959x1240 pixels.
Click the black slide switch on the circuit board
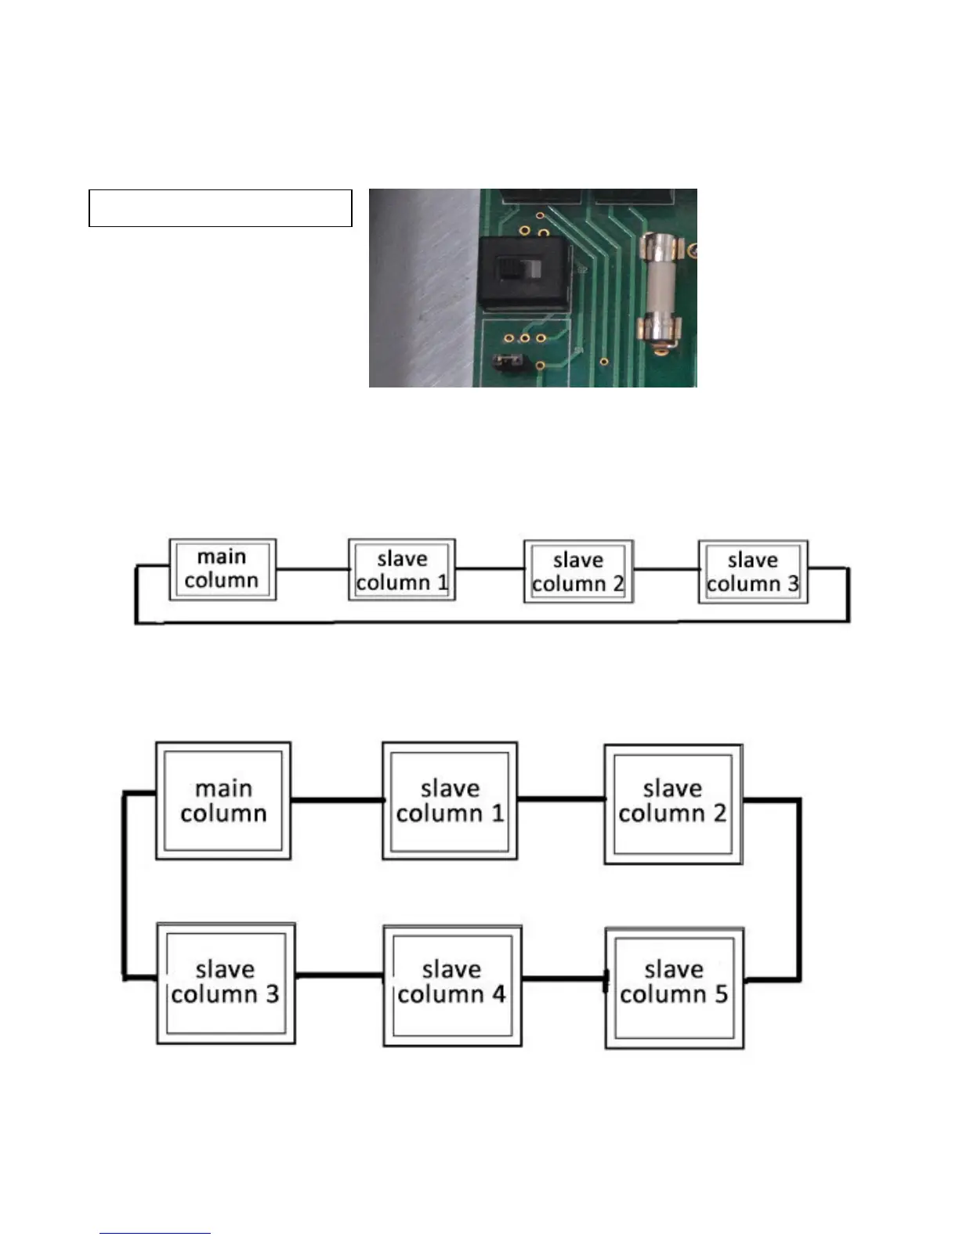(x=523, y=271)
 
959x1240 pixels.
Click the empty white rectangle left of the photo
(x=220, y=208)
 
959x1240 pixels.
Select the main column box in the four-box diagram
(x=223, y=570)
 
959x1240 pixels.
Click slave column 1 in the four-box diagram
(x=401, y=571)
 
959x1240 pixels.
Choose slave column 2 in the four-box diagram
(x=578, y=572)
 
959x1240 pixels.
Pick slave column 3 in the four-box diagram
(x=752, y=572)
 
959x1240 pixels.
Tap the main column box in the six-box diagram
(x=223, y=801)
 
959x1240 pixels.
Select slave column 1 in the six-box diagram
(x=450, y=801)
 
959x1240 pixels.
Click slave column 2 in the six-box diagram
(x=673, y=803)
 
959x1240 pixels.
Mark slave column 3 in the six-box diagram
(x=226, y=983)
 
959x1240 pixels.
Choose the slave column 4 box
(x=452, y=985)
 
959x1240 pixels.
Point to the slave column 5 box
(x=675, y=987)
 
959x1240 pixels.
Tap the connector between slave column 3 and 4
(x=338, y=975)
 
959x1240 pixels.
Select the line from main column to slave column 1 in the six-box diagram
(x=336, y=800)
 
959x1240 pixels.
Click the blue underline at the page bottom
(x=155, y=1234)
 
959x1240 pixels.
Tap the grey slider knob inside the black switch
(x=533, y=269)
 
